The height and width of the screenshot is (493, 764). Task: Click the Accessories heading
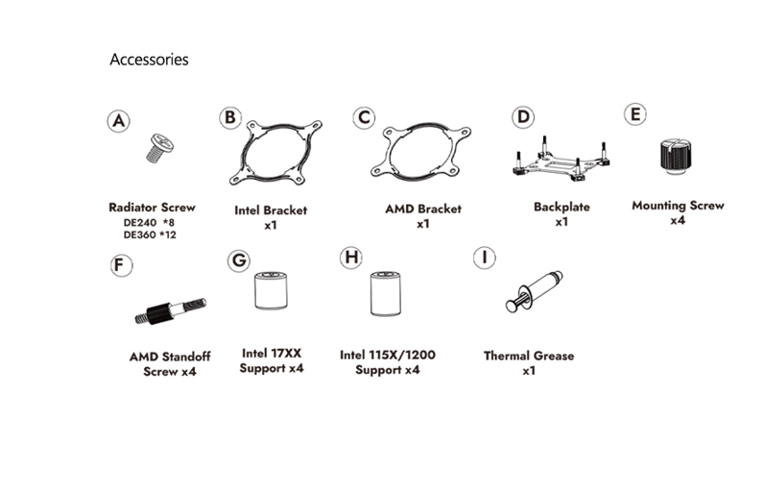coord(149,60)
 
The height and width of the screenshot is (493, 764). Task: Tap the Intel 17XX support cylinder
coord(271,291)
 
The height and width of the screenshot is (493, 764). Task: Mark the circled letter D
coord(522,117)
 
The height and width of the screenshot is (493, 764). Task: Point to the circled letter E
coord(634,113)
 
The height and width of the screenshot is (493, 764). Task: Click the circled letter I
coord(487,258)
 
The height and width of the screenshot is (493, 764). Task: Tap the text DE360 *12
coord(151,234)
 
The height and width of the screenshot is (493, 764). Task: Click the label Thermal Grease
coord(529,356)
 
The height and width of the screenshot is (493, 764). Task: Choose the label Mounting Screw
coord(678,206)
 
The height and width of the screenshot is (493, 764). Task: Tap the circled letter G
coord(239,259)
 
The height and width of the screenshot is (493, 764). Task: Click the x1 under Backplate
coord(561,222)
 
